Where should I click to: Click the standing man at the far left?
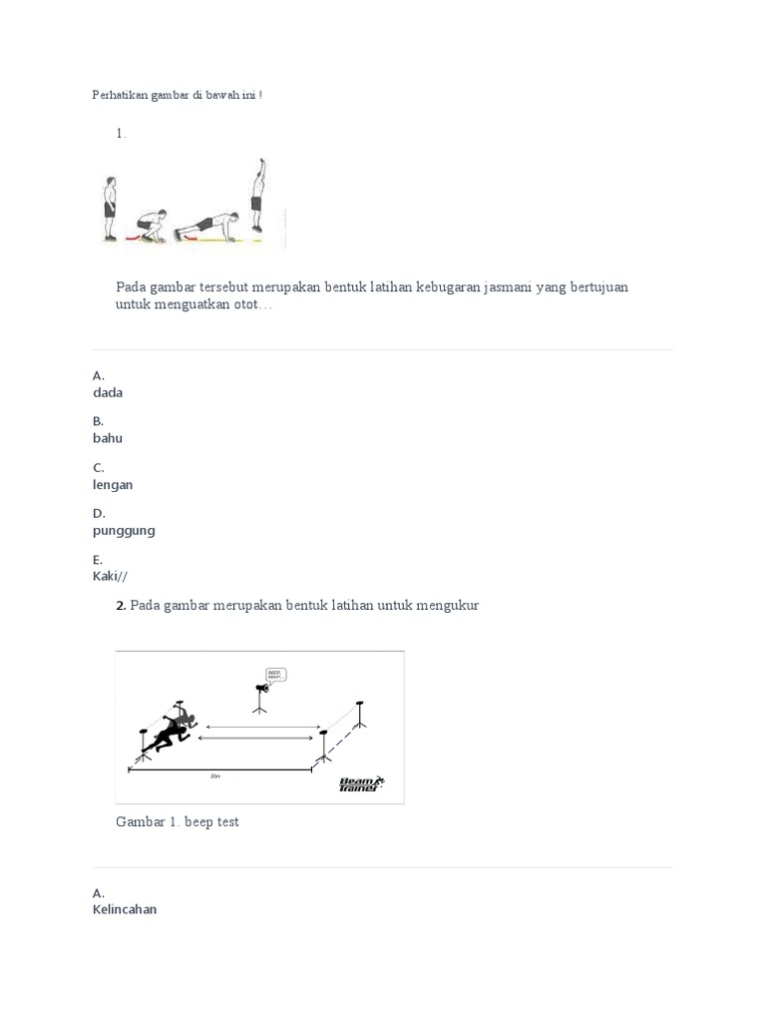(111, 208)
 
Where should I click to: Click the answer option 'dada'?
(108, 393)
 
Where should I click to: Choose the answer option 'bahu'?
(108, 438)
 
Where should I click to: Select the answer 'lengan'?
(113, 485)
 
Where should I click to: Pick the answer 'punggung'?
(124, 531)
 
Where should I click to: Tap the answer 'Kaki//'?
(110, 576)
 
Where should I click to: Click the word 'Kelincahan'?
(125, 909)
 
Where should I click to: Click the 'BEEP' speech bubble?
(275, 675)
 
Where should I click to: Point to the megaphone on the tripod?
(261, 690)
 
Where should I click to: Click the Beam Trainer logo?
(360, 784)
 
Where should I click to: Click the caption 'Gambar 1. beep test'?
(178, 822)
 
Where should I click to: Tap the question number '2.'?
(121, 606)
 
